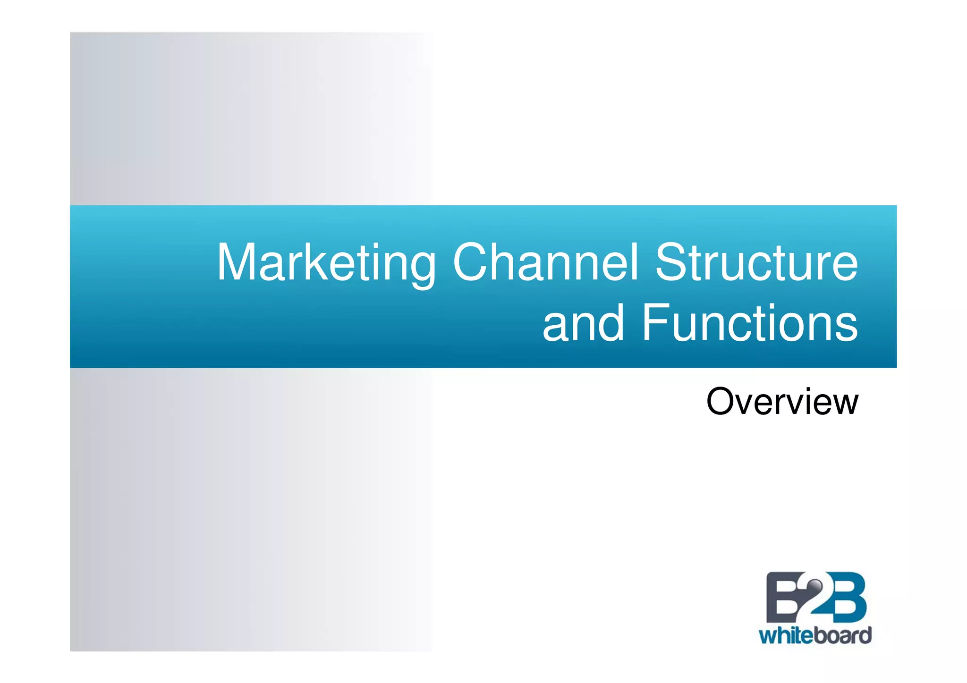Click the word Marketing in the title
click(326, 263)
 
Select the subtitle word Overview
click(782, 402)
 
